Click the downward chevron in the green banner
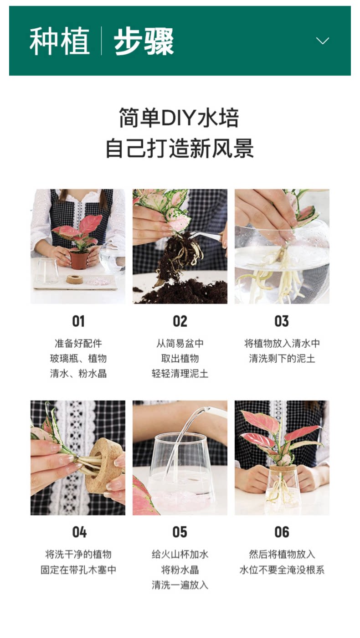pos(323,41)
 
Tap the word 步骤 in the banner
pos(144,41)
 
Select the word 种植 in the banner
pos(60,41)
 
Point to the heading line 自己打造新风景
pos(180,149)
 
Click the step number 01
pos(78,321)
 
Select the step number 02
pos(180,321)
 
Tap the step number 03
pos(282,321)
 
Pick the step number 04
pos(79,532)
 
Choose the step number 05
pos(180,532)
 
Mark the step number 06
pos(282,532)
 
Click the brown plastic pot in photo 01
pos(78,259)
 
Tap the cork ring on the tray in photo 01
pos(74,279)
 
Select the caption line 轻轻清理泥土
pos(180,373)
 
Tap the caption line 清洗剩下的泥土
pos(282,358)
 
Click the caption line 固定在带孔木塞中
pos(78,570)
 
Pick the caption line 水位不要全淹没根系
pos(282,570)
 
